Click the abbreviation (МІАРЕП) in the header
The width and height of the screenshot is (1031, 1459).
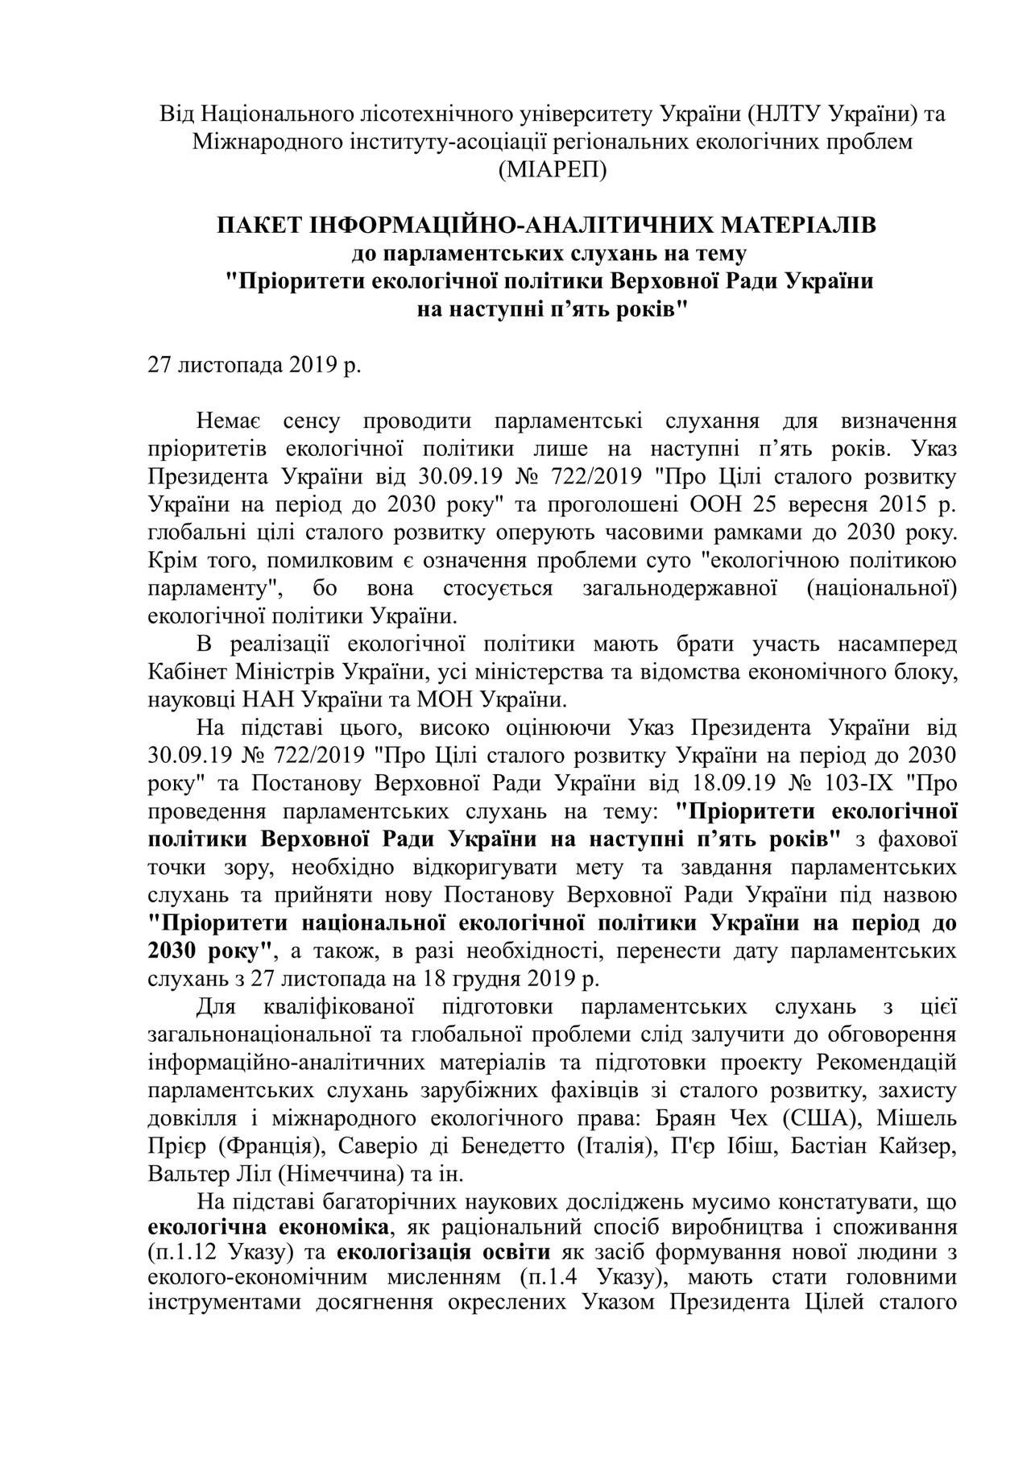coord(552,170)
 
